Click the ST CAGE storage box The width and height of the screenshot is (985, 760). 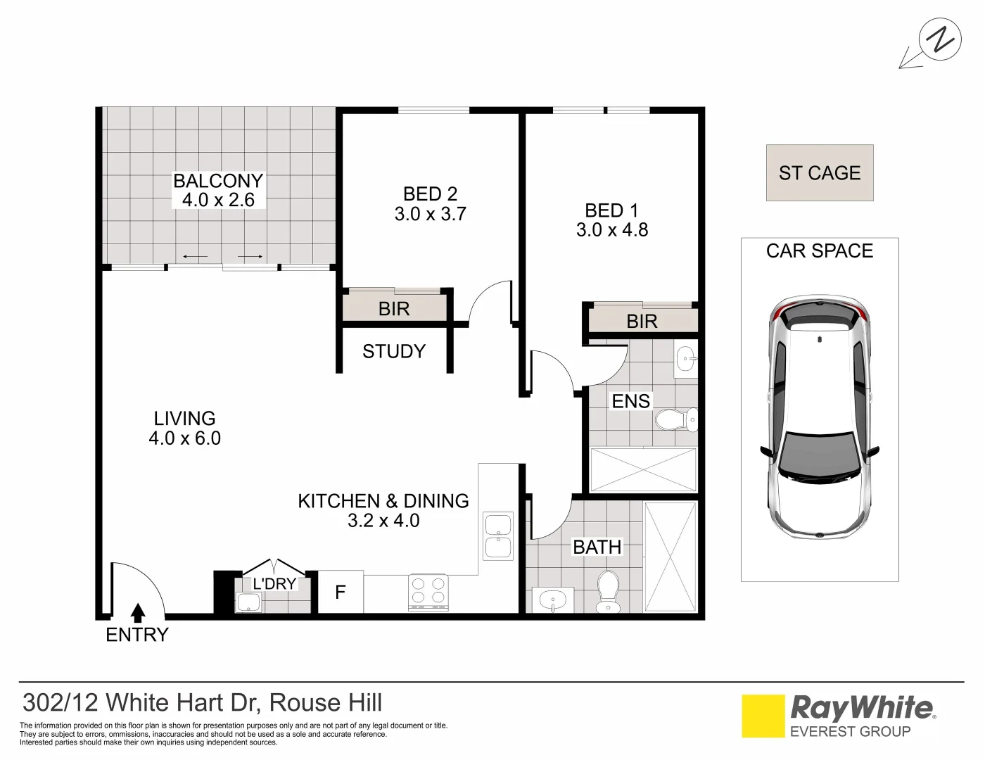[x=820, y=173]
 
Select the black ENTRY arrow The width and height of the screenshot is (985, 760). [x=138, y=614]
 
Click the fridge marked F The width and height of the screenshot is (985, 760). [x=341, y=592]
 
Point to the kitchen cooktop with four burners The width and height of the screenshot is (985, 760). [x=428, y=591]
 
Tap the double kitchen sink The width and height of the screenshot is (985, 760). [x=498, y=536]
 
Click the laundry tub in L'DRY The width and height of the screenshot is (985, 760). [x=249, y=602]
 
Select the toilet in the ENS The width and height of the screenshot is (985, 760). [x=677, y=421]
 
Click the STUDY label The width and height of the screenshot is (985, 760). [x=394, y=351]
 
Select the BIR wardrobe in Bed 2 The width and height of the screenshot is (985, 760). [x=395, y=308]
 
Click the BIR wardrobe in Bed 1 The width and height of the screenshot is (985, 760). [x=642, y=320]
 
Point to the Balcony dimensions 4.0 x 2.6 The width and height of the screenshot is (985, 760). [x=218, y=200]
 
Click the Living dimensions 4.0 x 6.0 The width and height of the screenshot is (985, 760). [x=184, y=438]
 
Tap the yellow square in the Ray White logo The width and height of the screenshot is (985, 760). [x=763, y=716]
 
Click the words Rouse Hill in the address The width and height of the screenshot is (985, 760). [x=326, y=702]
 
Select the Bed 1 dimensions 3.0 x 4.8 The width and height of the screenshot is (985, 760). [x=612, y=230]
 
